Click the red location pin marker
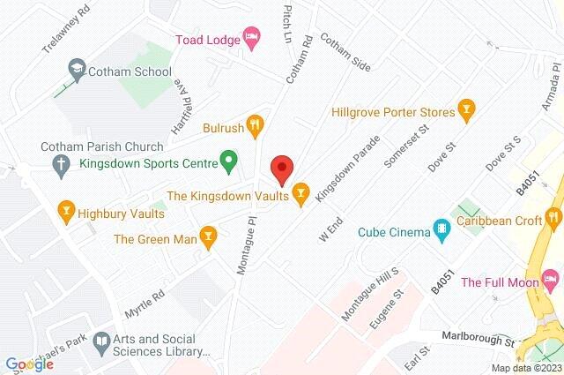pos(281,166)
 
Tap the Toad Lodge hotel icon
pos(251,36)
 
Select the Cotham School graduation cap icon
pos(77,68)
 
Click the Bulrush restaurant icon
pos(255,124)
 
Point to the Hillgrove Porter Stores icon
pos(467,111)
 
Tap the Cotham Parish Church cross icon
pos(60,163)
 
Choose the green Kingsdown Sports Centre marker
pos(229,161)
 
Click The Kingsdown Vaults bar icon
pos(301,191)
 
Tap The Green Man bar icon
pos(207,236)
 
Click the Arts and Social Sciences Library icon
pos(102,340)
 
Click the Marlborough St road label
pos(479,340)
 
